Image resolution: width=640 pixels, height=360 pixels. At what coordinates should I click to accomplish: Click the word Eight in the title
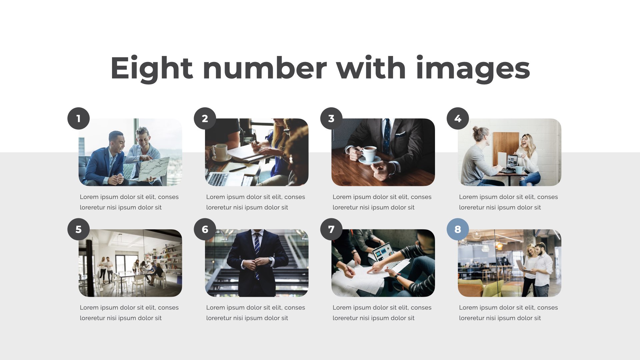(x=152, y=68)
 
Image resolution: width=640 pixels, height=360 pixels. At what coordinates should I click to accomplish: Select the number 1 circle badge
(x=79, y=118)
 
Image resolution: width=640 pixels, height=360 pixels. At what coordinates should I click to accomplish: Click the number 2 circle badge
(x=205, y=118)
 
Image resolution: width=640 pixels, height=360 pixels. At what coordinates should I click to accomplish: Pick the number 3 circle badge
(x=331, y=118)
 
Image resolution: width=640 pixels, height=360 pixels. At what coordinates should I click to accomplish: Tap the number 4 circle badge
(x=458, y=118)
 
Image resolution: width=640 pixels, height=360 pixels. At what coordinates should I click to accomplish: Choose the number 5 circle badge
(x=79, y=229)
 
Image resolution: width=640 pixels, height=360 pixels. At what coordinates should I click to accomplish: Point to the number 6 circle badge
(x=205, y=229)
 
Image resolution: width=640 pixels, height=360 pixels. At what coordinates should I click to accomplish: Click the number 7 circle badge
(x=331, y=229)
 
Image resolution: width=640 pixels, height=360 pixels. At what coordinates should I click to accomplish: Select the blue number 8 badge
(x=458, y=229)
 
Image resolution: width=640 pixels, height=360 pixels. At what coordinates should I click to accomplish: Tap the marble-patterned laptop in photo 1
(x=153, y=169)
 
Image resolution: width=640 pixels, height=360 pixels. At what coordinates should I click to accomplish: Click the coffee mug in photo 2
(x=220, y=152)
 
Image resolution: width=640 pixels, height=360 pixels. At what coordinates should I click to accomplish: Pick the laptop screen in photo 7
(x=383, y=251)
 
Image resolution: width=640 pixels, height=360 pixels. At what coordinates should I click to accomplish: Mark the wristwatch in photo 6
(x=271, y=260)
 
